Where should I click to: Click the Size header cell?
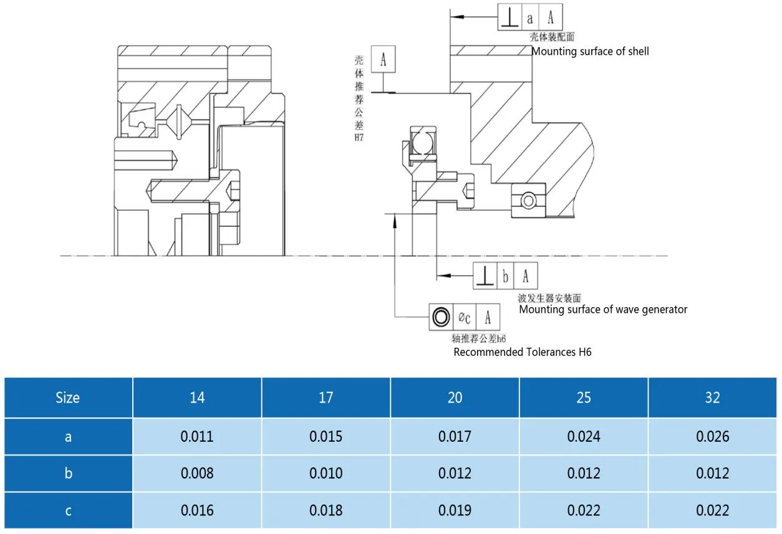pos(67,398)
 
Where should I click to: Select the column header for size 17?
pos(326,398)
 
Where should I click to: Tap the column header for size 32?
pos(712,398)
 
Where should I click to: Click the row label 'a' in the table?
pos(67,437)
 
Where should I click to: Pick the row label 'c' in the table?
pos(67,511)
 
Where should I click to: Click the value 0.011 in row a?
pos(197,437)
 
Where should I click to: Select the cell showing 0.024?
pos(584,437)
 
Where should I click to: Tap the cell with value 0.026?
pos(712,437)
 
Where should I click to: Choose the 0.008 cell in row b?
pos(197,474)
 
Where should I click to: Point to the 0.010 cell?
pos(326,474)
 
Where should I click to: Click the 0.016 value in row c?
pos(197,511)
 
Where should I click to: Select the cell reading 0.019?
pos(455,511)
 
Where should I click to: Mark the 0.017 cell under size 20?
pos(455,437)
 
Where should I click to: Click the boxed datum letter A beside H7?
pos(383,60)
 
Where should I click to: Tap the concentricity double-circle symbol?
pos(441,318)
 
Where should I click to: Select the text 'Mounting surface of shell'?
pos(590,52)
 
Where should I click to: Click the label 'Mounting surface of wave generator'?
pos(603,310)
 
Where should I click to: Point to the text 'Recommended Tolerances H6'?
pos(522,353)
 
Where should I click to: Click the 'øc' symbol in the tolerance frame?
pos(465,318)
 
